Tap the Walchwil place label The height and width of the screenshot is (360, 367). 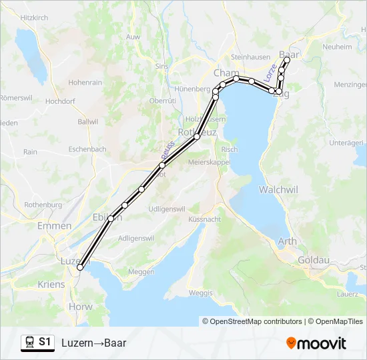pyautogui.click(x=278, y=190)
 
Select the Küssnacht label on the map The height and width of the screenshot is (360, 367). pyautogui.click(x=204, y=219)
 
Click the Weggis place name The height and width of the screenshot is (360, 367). pyautogui.click(x=201, y=293)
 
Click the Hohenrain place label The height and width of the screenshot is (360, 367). pyautogui.click(x=85, y=83)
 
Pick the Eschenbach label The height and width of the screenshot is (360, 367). pyautogui.click(x=87, y=149)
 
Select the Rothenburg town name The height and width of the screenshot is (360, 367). pyautogui.click(x=43, y=205)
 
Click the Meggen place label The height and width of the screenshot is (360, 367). pyautogui.click(x=140, y=271)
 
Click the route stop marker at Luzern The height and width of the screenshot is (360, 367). pyautogui.click(x=80, y=267)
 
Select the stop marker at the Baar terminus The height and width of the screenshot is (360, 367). pyautogui.click(x=287, y=60)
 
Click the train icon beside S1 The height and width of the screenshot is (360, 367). pyautogui.click(x=29, y=343)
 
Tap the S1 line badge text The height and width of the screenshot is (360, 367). pyautogui.click(x=45, y=343)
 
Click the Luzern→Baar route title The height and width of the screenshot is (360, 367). pyautogui.click(x=93, y=343)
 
